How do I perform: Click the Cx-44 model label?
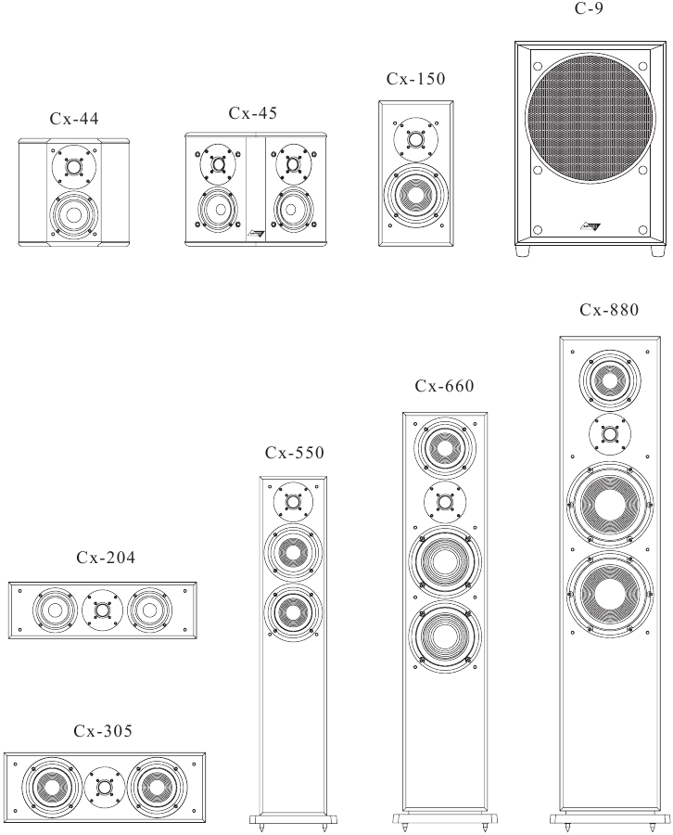[74, 118]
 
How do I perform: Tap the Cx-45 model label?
[253, 113]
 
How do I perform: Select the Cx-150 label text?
[415, 79]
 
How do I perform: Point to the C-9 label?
[590, 8]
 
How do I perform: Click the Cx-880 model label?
[609, 309]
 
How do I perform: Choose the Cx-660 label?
[444, 386]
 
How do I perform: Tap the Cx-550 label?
[294, 453]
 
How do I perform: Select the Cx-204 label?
[106, 558]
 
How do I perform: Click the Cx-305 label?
[103, 731]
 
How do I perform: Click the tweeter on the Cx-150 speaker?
[416, 139]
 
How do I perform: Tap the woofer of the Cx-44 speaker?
[74, 215]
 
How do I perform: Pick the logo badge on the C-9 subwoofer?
[590, 227]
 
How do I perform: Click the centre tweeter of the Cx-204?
[103, 610]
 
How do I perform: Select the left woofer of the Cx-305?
[51, 787]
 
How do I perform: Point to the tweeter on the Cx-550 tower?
[293, 502]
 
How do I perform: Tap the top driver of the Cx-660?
[445, 447]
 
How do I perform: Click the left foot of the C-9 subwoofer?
[523, 250]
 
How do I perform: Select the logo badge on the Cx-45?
[256, 233]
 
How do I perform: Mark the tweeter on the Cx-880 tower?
[610, 434]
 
